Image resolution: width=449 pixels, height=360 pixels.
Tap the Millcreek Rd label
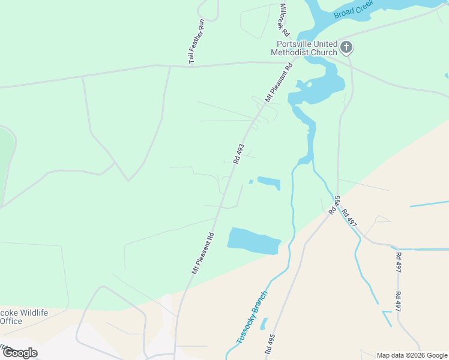(x=284, y=17)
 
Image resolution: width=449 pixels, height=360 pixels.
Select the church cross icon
(x=346, y=47)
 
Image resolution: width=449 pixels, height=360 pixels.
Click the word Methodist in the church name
(x=292, y=52)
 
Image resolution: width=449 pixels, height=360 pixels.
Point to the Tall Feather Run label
(x=197, y=41)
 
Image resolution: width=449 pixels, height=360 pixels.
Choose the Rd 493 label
(x=239, y=153)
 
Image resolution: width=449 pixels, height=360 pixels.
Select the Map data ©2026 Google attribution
(x=411, y=355)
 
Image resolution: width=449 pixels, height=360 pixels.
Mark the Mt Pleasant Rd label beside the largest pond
(x=203, y=254)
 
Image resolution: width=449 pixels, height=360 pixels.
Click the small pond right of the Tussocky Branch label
(x=264, y=323)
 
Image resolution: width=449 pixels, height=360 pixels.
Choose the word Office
(x=11, y=321)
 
